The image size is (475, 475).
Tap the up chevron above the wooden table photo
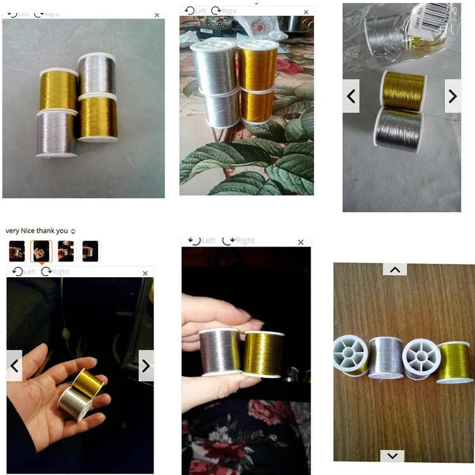394,269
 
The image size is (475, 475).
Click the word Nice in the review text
28,231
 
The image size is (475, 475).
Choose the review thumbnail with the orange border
41,251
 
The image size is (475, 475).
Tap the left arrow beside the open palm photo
14,366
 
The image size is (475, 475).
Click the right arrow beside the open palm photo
146,366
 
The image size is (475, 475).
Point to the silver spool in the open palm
75,402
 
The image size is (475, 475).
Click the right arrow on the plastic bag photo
453,96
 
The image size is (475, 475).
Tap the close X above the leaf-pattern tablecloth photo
306,12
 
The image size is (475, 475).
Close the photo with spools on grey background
157,15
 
